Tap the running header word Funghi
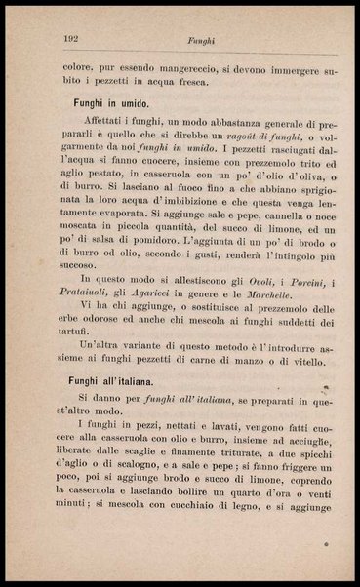190,40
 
